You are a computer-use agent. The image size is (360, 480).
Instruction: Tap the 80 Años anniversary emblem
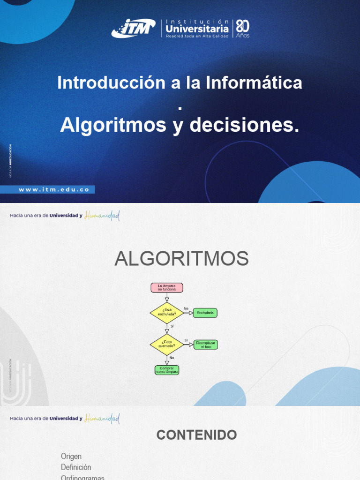click(x=242, y=29)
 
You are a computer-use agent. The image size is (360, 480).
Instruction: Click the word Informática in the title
click(x=254, y=83)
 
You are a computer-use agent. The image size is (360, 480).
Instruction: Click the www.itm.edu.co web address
click(x=53, y=190)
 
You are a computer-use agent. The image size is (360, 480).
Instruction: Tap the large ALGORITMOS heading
click(x=181, y=259)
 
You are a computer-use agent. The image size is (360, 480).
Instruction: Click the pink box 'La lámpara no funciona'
click(x=166, y=288)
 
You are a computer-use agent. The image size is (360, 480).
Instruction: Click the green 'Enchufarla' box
click(x=206, y=313)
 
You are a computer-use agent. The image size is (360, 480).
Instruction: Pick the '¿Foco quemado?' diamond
click(x=166, y=345)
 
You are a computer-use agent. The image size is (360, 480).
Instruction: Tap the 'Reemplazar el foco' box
click(x=206, y=345)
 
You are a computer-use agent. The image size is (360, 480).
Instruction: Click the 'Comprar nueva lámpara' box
click(x=166, y=370)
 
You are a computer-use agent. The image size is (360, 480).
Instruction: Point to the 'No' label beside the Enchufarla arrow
click(x=186, y=308)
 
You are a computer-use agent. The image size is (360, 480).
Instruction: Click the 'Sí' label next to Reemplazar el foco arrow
click(x=186, y=340)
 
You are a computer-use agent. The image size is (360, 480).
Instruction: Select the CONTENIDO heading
click(x=196, y=435)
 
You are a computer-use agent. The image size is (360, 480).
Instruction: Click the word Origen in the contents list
click(x=71, y=457)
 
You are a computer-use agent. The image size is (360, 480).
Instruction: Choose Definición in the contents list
click(x=76, y=467)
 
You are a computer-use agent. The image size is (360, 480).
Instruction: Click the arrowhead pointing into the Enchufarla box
click(x=191, y=313)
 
